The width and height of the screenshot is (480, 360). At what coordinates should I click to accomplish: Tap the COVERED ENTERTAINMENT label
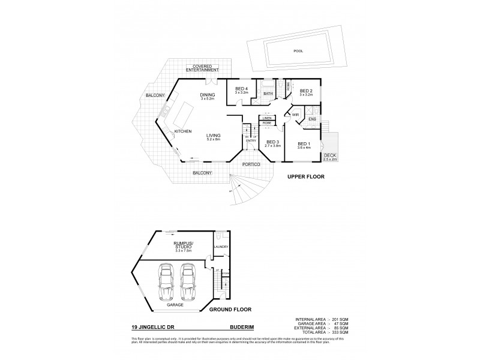pos(202,68)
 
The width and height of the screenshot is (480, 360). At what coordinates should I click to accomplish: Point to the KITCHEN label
pos(182,131)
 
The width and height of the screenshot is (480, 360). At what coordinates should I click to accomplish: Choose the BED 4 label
pos(241,89)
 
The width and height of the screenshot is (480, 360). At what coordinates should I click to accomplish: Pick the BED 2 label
pos(307,92)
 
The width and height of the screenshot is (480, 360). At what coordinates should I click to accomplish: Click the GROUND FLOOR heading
pos(230,310)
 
